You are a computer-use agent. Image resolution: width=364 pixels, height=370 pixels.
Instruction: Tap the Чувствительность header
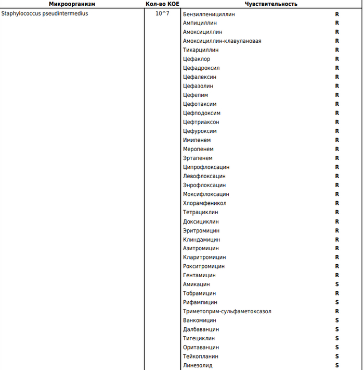[271, 4]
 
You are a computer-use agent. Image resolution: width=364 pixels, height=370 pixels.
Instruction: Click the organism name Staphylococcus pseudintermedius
[45, 14]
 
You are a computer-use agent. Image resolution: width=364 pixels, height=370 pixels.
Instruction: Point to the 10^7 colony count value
[162, 14]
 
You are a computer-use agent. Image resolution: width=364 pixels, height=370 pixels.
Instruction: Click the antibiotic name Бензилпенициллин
[209, 14]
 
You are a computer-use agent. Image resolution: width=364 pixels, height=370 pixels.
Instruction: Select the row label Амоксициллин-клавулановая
[222, 41]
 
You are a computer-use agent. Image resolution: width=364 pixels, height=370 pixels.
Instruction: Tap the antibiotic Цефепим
[196, 95]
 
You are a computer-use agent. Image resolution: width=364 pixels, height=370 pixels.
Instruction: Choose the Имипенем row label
[197, 140]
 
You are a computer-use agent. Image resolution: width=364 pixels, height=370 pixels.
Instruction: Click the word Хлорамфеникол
[204, 203]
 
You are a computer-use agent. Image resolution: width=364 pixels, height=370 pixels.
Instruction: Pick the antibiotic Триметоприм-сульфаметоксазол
[227, 311]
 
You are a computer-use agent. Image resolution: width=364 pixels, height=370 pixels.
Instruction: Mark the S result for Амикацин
[337, 284]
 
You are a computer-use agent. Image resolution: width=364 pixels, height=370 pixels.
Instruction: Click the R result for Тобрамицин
[337, 293]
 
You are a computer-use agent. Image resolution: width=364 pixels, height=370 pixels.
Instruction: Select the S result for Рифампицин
[337, 302]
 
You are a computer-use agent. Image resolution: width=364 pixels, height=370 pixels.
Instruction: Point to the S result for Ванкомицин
[337, 320]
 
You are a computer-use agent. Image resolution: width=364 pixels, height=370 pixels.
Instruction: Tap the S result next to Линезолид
[337, 365]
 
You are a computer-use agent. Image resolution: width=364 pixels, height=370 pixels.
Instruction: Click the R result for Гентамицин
[337, 275]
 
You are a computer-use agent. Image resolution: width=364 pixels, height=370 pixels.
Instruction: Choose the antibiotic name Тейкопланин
[201, 356]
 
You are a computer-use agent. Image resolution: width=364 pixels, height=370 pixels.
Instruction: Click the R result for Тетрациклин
[337, 212]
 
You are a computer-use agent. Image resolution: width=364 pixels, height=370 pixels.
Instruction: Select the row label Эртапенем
[198, 158]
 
